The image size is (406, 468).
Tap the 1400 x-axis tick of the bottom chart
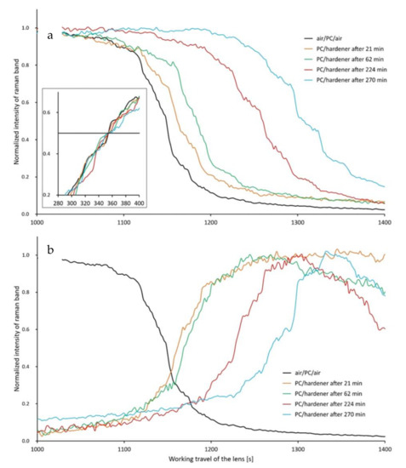point(384,448)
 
